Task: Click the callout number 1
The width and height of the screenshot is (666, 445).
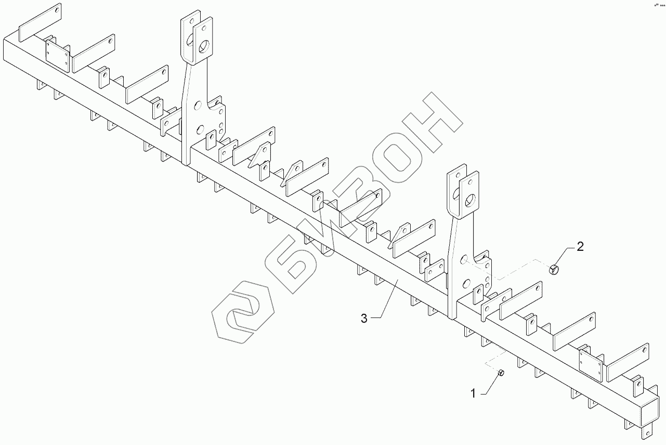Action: [473, 394]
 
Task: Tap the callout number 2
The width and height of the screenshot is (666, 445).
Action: [580, 246]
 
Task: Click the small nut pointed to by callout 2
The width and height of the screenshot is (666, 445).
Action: [554, 269]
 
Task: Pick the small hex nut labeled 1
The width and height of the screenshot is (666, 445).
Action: [501, 373]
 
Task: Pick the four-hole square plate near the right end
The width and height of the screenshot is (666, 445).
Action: [590, 363]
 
